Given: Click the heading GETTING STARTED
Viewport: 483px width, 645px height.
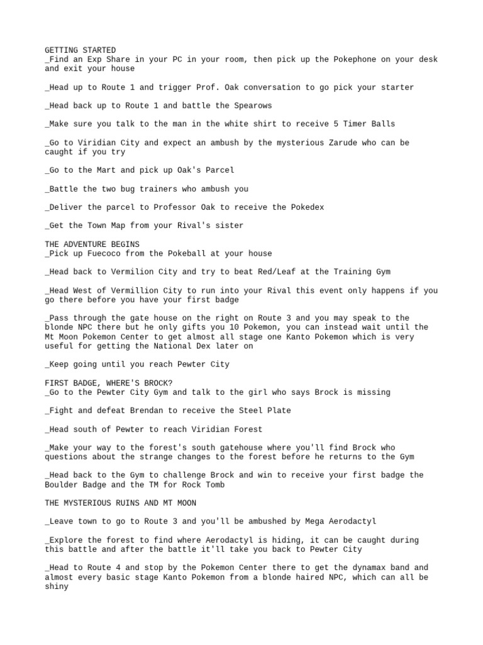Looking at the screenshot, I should click(80, 50).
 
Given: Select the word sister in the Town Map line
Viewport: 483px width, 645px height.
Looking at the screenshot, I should click(229, 225).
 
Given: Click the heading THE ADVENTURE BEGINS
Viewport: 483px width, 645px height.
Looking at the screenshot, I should click(92, 244).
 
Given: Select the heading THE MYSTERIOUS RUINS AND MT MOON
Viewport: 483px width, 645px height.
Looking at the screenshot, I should click(120, 503).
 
